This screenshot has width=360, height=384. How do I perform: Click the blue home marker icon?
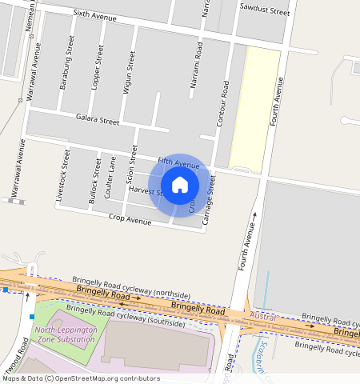pyautogui.click(x=180, y=185)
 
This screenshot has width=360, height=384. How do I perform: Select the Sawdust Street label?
pyautogui.click(x=264, y=12)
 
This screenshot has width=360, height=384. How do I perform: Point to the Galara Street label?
pyautogui.click(x=97, y=121)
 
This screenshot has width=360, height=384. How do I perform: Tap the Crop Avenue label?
pyautogui.click(x=130, y=218)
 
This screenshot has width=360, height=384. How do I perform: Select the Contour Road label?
pyautogui.click(x=223, y=99)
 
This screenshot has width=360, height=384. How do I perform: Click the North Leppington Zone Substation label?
pyautogui.click(x=65, y=334)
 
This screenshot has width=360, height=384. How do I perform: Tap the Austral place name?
pyautogui.click(x=263, y=318)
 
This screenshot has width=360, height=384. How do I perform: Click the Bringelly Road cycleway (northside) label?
pyautogui.click(x=131, y=286)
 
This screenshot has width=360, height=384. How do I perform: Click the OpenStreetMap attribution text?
pyautogui.click(x=81, y=378)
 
